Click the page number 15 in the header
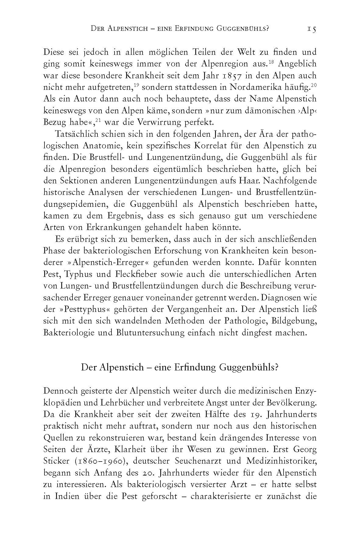coord(311,29)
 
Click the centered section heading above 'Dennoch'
coord(180,367)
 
